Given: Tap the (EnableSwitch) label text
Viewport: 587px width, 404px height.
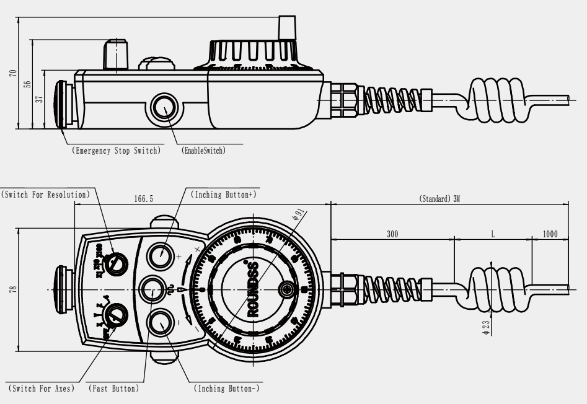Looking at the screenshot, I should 203,151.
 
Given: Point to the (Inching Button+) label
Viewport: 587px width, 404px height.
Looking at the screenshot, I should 224,195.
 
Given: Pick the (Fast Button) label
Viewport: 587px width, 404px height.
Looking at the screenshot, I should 113,389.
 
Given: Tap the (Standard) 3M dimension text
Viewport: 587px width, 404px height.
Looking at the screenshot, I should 438,200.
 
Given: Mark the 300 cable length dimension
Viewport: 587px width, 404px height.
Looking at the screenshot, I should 392,234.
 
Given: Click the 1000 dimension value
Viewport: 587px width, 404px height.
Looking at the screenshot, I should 550,234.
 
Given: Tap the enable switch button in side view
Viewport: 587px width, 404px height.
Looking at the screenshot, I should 164,107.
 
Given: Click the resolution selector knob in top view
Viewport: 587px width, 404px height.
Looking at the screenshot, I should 115,263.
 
